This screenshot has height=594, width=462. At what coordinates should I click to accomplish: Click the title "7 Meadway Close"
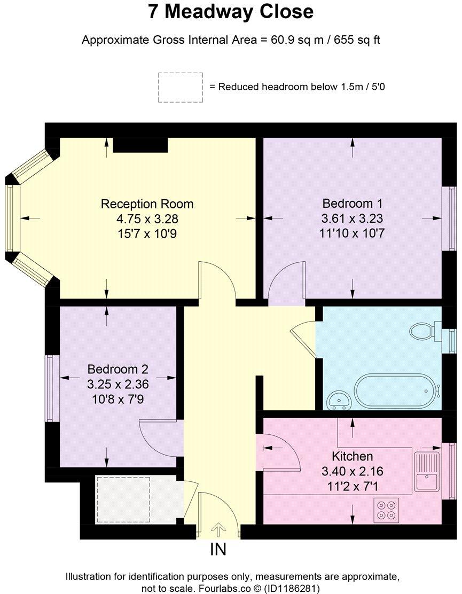click(x=231, y=12)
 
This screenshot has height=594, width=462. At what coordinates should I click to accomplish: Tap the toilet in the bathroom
click(x=424, y=331)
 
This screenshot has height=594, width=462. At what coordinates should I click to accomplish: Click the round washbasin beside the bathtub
click(x=338, y=398)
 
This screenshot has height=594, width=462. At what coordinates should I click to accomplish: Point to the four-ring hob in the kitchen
click(x=386, y=509)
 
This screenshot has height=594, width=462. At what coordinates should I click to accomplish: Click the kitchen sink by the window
click(x=426, y=472)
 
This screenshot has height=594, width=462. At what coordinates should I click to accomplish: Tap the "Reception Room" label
click(x=147, y=204)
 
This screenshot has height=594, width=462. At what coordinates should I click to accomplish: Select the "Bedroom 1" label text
click(x=353, y=204)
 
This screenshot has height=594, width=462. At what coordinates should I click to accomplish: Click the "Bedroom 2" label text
click(x=118, y=369)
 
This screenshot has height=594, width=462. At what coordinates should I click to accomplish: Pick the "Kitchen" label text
click(x=352, y=457)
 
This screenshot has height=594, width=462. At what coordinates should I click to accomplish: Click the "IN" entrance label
click(x=218, y=550)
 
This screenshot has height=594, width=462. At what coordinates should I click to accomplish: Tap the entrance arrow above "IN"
click(x=218, y=530)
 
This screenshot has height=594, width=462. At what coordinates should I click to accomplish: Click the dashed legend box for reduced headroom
click(x=180, y=88)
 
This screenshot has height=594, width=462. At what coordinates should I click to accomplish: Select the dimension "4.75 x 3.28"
click(x=147, y=218)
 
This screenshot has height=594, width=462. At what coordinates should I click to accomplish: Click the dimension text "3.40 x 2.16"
click(x=352, y=471)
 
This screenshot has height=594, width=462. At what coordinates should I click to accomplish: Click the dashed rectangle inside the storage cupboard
click(x=123, y=500)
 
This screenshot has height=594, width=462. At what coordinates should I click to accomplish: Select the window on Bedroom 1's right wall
click(x=451, y=218)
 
